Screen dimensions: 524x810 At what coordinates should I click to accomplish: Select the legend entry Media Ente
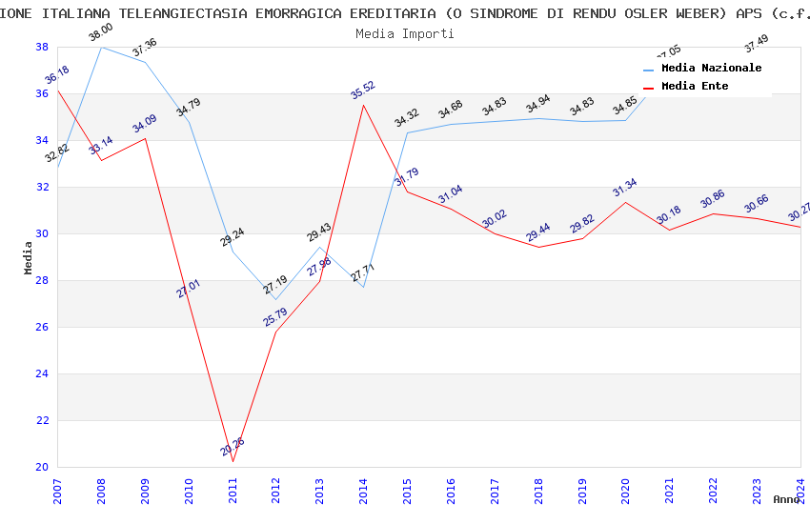point(695,86)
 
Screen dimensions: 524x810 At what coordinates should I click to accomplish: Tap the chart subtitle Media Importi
point(405,33)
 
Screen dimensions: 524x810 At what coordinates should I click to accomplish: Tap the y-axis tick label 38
point(42,47)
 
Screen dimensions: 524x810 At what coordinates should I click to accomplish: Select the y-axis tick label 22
point(42,420)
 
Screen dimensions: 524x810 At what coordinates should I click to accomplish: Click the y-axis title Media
point(29,257)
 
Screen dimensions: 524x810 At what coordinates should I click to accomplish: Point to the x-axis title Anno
point(786,499)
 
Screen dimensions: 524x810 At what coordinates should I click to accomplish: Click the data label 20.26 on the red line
point(233,446)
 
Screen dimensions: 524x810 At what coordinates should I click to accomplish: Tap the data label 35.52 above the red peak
point(363,90)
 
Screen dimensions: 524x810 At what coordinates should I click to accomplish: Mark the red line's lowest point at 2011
point(233,461)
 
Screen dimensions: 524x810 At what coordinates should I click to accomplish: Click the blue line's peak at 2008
point(101,47)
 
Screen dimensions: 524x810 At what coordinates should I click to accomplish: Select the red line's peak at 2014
point(363,105)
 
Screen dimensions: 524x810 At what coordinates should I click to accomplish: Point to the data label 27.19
point(275,284)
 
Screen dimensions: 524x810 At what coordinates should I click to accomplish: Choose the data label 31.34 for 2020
point(625,187)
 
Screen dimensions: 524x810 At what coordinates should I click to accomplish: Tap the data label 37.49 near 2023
point(756,44)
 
